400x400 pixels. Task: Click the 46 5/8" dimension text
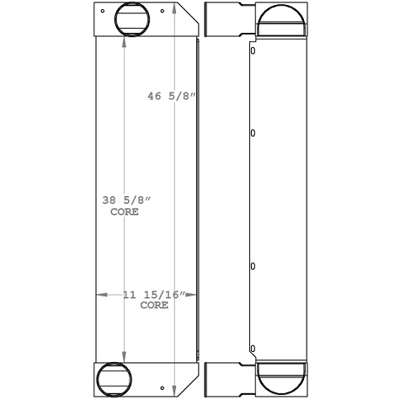(x=172, y=97)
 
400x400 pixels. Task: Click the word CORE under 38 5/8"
(x=124, y=212)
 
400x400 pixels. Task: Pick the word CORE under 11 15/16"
(x=154, y=306)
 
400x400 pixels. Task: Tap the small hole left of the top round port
(x=102, y=13)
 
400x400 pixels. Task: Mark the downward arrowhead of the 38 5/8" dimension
(x=125, y=358)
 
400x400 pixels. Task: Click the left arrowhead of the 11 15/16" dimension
(x=100, y=295)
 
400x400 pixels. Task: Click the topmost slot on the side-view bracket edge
(x=253, y=50)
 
